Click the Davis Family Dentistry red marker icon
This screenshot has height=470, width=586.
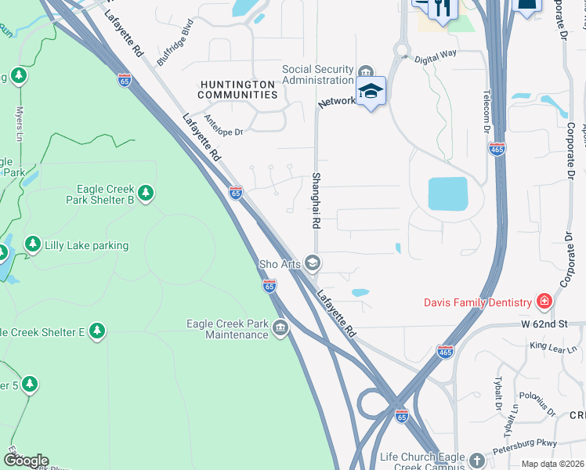point(543,302)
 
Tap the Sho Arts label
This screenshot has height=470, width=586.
point(280,264)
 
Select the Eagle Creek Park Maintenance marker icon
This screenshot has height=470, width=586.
point(280,329)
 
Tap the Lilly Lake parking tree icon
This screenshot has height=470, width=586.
point(32,245)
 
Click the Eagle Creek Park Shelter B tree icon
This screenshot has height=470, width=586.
point(145,193)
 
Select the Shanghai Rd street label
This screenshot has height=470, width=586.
point(317,201)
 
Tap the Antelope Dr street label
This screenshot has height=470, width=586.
point(223,126)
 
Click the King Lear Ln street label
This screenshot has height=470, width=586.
point(552,346)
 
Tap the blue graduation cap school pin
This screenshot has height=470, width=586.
point(371,92)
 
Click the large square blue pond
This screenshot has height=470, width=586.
point(447,193)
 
